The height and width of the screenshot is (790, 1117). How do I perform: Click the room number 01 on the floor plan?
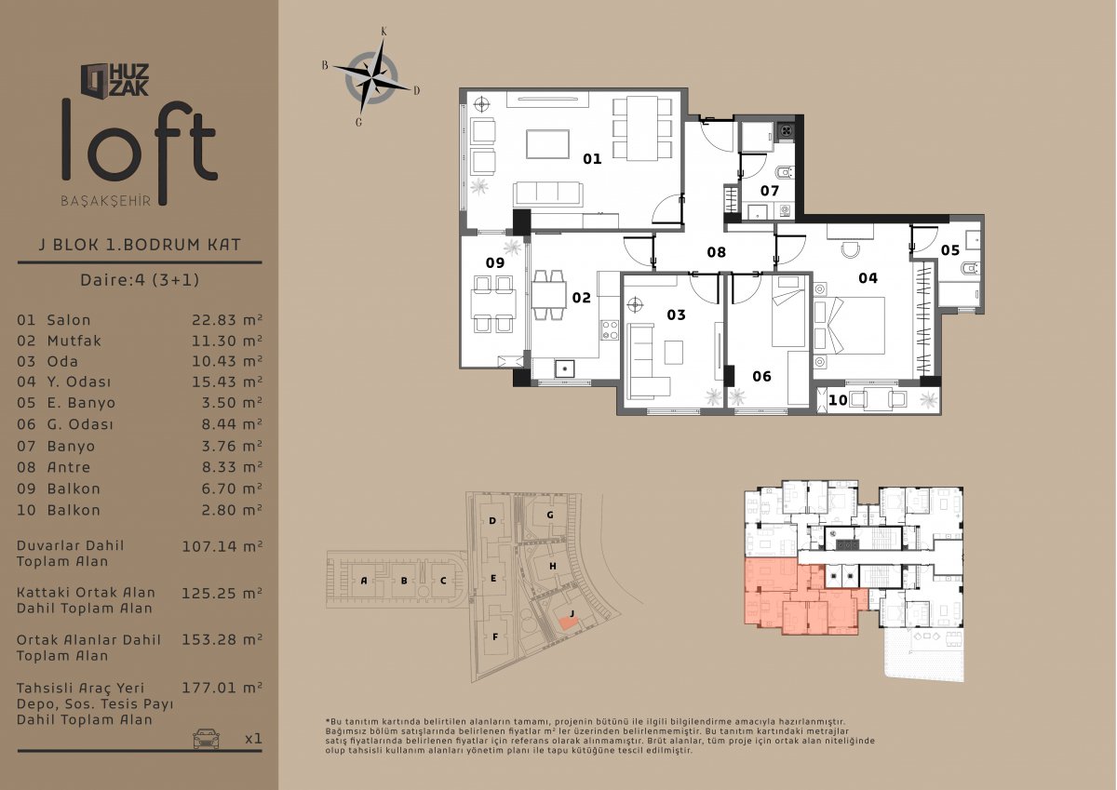(x=592, y=158)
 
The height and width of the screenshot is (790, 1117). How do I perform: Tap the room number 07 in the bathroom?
(x=770, y=191)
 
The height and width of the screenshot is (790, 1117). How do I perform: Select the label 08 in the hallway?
(x=716, y=252)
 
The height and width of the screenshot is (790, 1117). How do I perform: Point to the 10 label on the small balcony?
(x=838, y=400)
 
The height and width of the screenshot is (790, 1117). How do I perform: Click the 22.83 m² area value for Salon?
(x=227, y=319)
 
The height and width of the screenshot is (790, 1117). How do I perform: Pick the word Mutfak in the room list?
(x=74, y=341)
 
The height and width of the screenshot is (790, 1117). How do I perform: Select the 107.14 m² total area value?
(x=222, y=546)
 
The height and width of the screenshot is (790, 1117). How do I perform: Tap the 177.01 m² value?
(x=222, y=688)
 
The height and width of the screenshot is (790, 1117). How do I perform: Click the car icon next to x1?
(x=206, y=738)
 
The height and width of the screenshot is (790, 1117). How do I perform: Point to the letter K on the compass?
(x=384, y=32)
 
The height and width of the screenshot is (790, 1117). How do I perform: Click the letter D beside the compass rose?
(x=416, y=90)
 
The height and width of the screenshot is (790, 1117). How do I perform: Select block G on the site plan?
(x=550, y=515)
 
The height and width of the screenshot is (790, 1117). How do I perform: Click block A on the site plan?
(x=364, y=581)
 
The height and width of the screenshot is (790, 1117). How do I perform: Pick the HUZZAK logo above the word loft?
(x=115, y=80)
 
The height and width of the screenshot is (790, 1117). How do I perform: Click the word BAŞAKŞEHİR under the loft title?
(x=106, y=201)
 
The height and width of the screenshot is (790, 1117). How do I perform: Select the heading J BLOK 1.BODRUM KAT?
(x=140, y=245)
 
